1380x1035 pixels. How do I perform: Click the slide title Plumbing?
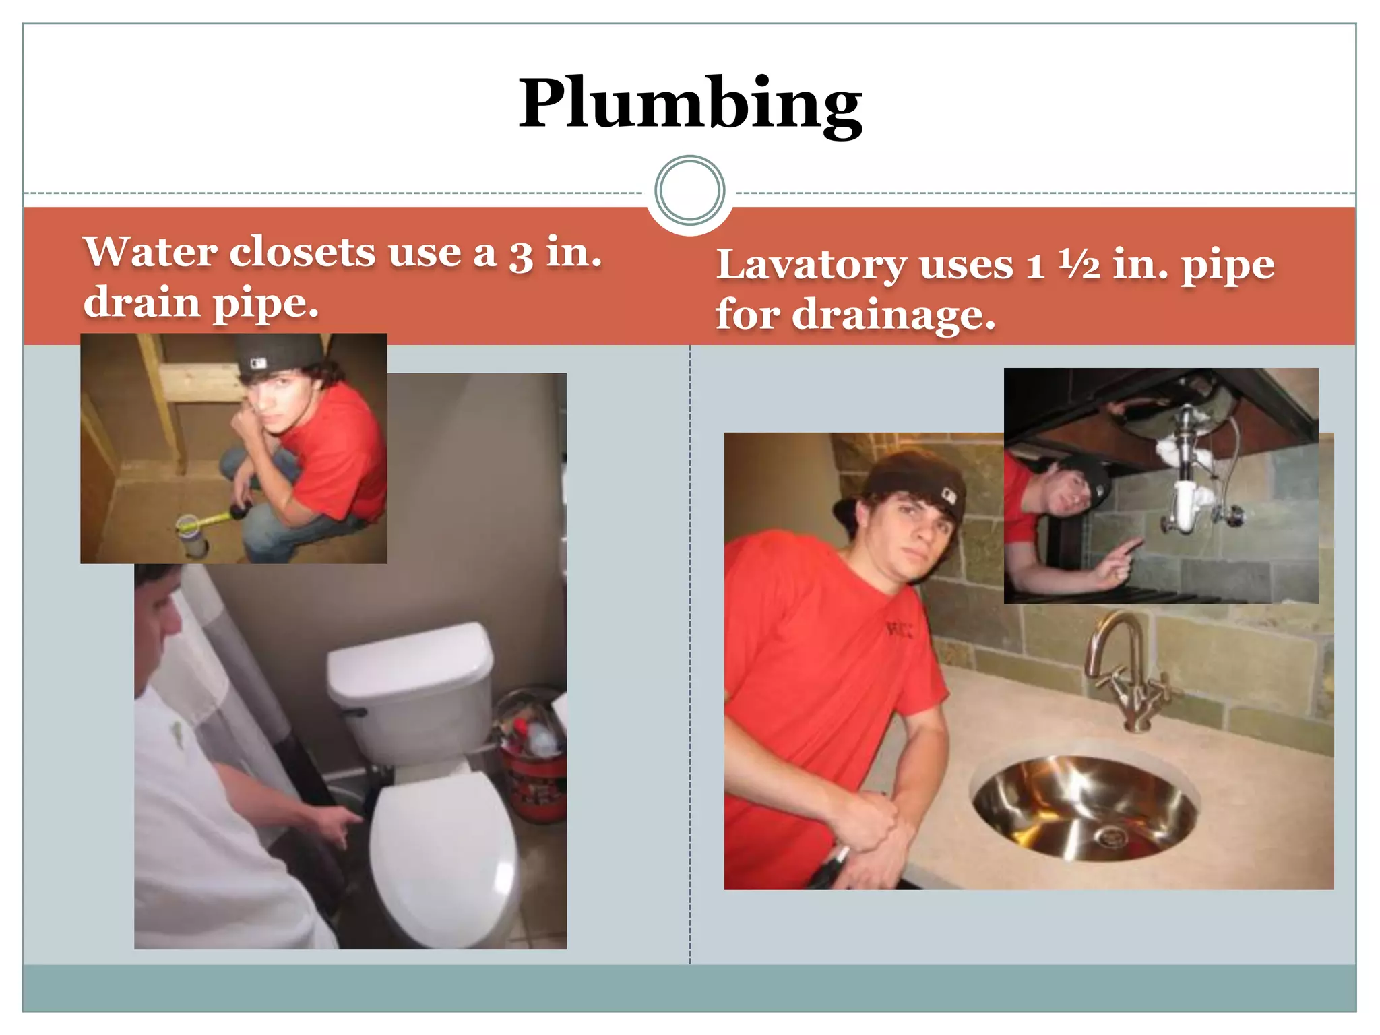(690, 104)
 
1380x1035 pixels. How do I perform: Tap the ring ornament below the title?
(689, 190)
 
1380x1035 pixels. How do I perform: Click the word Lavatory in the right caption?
(811, 264)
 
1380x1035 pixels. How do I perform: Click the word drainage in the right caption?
(893, 315)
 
